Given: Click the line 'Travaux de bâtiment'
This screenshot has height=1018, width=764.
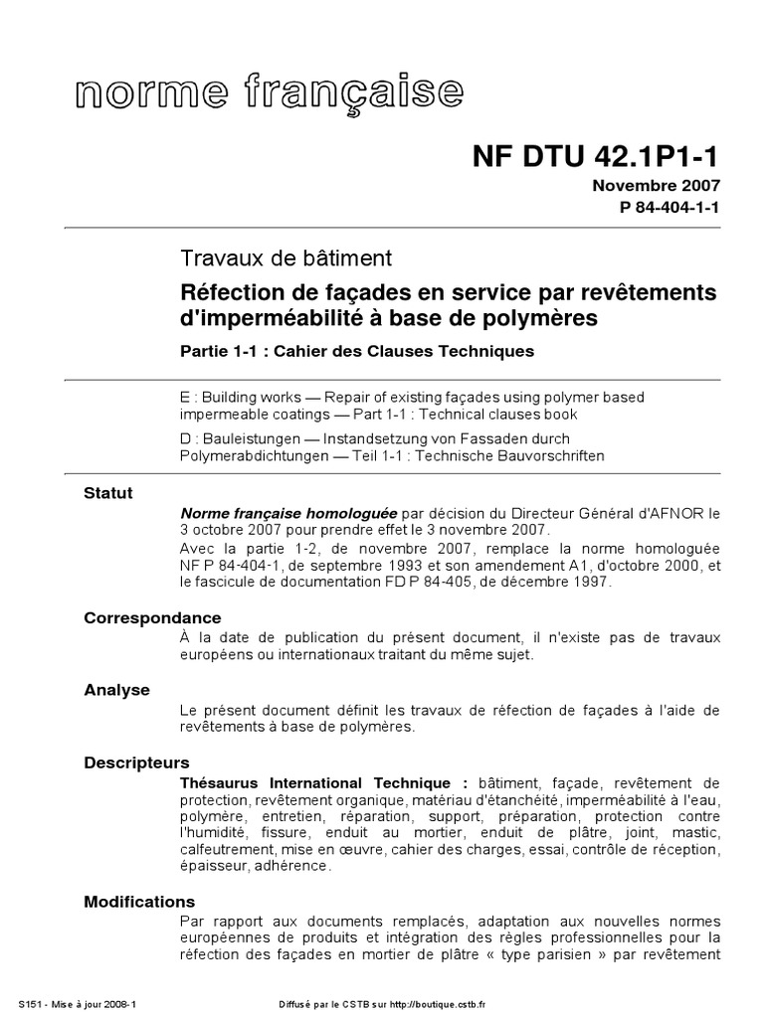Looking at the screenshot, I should tap(286, 258).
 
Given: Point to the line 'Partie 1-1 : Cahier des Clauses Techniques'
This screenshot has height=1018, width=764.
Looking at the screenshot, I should tap(357, 351).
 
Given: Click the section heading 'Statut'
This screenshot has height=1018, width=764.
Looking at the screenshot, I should tap(108, 493).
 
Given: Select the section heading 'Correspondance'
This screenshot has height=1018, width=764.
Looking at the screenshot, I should tap(152, 618).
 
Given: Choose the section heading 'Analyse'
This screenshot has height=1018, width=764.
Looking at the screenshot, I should tap(117, 689).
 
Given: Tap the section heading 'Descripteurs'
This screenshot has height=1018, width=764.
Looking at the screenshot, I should tap(136, 763).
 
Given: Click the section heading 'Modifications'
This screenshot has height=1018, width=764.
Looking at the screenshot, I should tap(139, 902).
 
